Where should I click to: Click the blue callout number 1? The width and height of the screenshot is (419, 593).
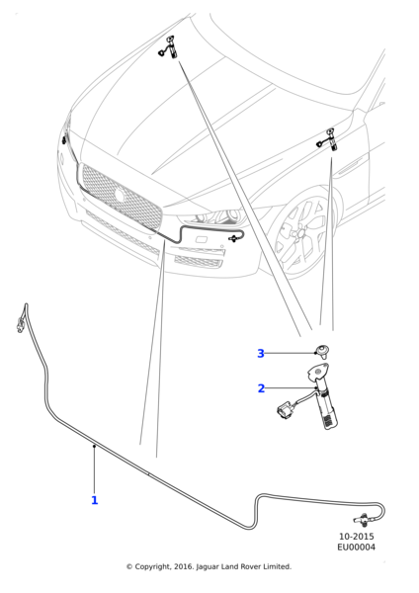point(95,500)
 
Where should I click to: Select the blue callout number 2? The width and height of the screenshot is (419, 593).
point(261,388)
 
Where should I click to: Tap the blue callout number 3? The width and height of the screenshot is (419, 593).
point(261,354)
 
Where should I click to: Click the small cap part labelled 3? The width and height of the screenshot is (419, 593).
point(322,351)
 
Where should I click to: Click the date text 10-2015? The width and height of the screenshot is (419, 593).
point(356,537)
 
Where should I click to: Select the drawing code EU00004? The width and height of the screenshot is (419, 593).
point(356,548)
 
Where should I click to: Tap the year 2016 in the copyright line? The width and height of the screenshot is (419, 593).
point(183,566)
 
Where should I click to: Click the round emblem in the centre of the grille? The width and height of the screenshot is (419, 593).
point(120,196)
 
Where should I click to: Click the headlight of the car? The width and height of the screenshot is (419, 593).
point(214,216)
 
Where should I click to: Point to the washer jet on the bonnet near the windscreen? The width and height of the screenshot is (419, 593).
point(169,46)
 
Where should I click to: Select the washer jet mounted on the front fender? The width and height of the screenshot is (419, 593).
point(328,139)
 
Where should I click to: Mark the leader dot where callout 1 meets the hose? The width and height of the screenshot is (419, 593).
point(94,447)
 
